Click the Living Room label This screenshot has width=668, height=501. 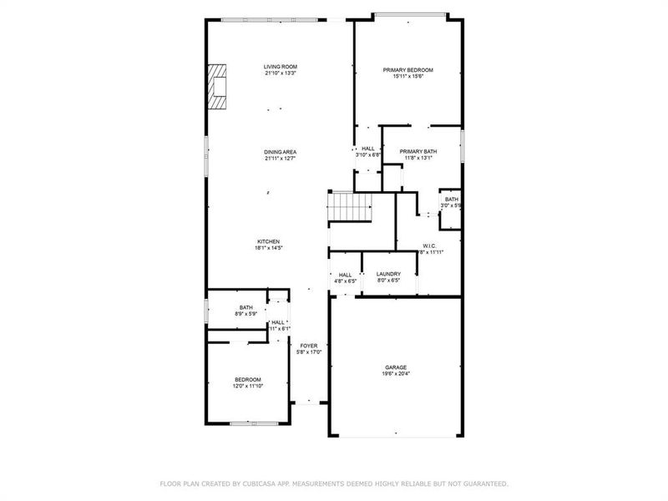pyautogui.click(x=280, y=67)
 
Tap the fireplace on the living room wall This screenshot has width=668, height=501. pyautogui.click(x=217, y=87)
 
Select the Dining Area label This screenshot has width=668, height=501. pyautogui.click(x=280, y=152)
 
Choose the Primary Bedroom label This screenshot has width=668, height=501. pyautogui.click(x=407, y=70)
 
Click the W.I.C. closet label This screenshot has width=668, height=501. pyautogui.click(x=429, y=245)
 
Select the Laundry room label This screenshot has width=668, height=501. pyautogui.click(x=388, y=274)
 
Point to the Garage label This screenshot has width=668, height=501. pyautogui.click(x=396, y=367)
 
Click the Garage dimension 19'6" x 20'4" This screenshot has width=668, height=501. pyautogui.click(x=396, y=373)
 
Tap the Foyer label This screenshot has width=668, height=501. pyautogui.click(x=309, y=346)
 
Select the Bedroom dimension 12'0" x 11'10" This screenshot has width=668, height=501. pyautogui.click(x=248, y=386)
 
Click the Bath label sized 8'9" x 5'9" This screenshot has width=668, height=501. pyautogui.click(x=245, y=307)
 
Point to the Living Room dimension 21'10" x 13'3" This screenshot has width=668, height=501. pyautogui.click(x=280, y=73)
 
